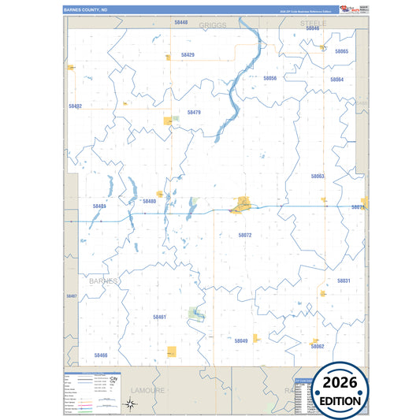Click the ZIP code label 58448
pyautogui.click(x=181, y=23)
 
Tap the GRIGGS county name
pyautogui.click(x=213, y=25)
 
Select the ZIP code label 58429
pyautogui.click(x=188, y=55)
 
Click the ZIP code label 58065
pyautogui.click(x=341, y=51)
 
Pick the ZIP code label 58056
pyautogui.click(x=269, y=79)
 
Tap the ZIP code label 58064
pyautogui.click(x=336, y=80)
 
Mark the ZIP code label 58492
pyautogui.click(x=75, y=106)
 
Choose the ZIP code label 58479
pyautogui.click(x=194, y=113)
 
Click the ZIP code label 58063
pyautogui.click(x=318, y=177)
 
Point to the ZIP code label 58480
pyautogui.click(x=150, y=201)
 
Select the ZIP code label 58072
pyautogui.click(x=244, y=235)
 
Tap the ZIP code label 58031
pyautogui.click(x=344, y=281)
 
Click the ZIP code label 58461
pyautogui.click(x=159, y=317)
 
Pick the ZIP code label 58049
pyautogui.click(x=241, y=340)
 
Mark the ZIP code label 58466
pyautogui.click(x=100, y=355)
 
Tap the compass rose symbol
pyautogui.click(x=132, y=405)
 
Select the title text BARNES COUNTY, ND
pyautogui.click(x=86, y=9)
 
